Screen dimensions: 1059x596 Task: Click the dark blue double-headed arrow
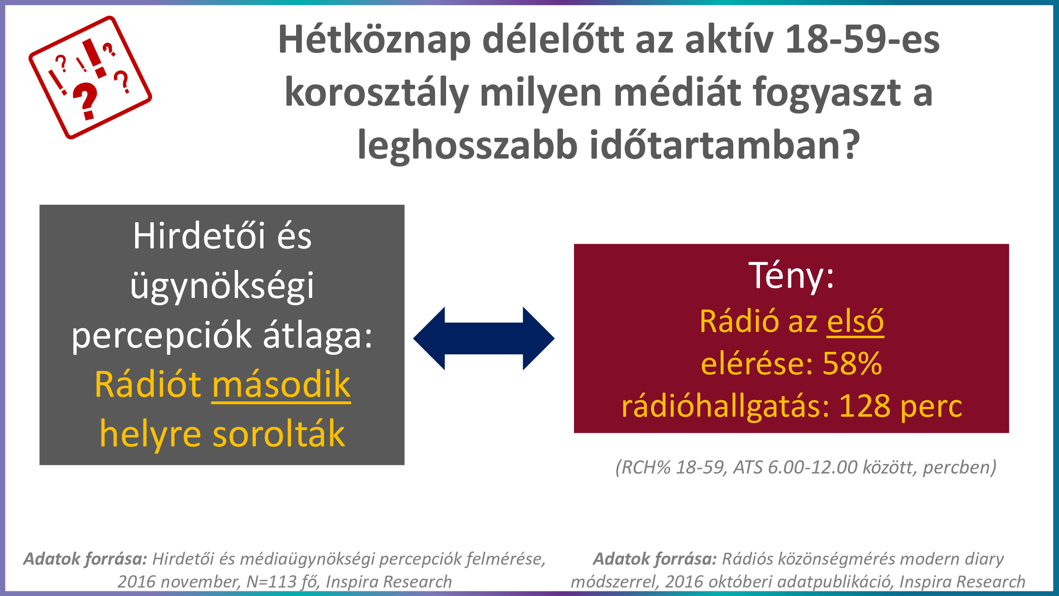pyautogui.click(x=484, y=338)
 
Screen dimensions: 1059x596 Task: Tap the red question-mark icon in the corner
pyautogui.click(x=90, y=78)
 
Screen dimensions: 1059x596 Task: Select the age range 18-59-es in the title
pyautogui.click(x=862, y=39)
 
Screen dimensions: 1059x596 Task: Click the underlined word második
pyautogui.click(x=281, y=385)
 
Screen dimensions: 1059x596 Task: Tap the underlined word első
pyautogui.click(x=855, y=321)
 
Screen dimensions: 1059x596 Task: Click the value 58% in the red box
pyautogui.click(x=852, y=363)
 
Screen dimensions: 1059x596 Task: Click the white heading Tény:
pyautogui.click(x=791, y=276)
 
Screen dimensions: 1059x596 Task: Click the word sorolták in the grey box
pyautogui.click(x=279, y=434)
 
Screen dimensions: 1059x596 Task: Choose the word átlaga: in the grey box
pyautogui.click(x=318, y=335)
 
